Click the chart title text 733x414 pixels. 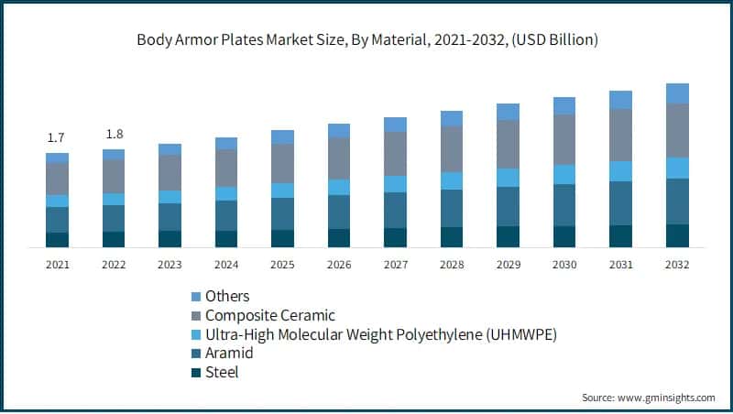tap(366, 39)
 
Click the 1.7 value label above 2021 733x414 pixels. tap(56, 137)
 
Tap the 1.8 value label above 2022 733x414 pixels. tap(113, 134)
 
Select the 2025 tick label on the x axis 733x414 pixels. tap(282, 265)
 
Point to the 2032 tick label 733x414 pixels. tap(677, 265)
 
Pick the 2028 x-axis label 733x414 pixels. tap(452, 265)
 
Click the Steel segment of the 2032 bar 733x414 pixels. tap(677, 235)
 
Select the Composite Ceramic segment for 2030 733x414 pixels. tap(564, 139)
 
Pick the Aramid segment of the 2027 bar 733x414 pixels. tap(395, 210)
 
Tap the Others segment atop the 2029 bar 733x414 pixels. tap(508, 112)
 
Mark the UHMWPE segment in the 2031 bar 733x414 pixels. tap(620, 171)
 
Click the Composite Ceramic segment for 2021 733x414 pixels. tap(57, 179)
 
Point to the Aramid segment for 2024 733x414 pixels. tap(226, 215)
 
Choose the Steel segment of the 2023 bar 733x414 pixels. tap(170, 239)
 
